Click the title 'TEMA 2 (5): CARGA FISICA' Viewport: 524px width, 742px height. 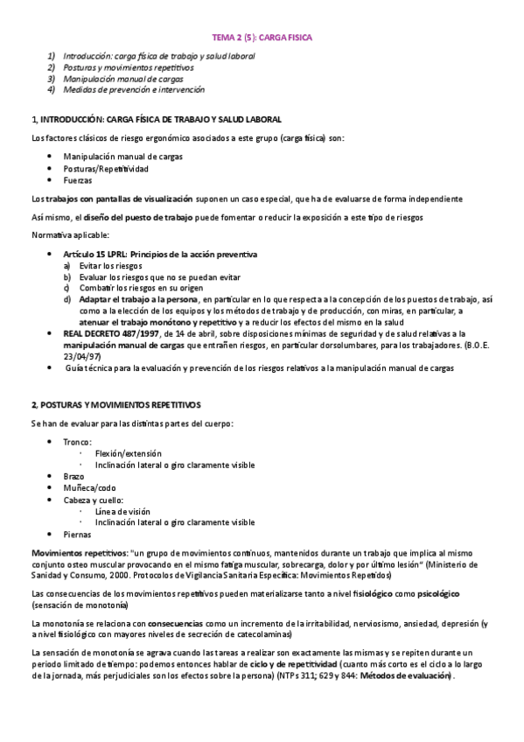[x=262, y=38]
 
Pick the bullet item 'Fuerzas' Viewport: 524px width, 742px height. [x=78, y=178]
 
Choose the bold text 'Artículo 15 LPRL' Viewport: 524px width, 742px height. [x=97, y=254]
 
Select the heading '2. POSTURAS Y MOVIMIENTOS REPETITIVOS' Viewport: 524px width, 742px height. [x=115, y=404]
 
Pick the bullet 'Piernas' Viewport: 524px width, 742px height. [x=77, y=533]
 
